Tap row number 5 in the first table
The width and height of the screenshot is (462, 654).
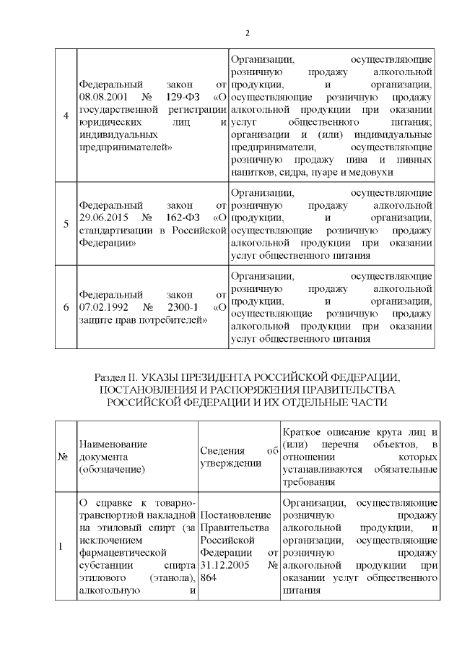click(x=66, y=225)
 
